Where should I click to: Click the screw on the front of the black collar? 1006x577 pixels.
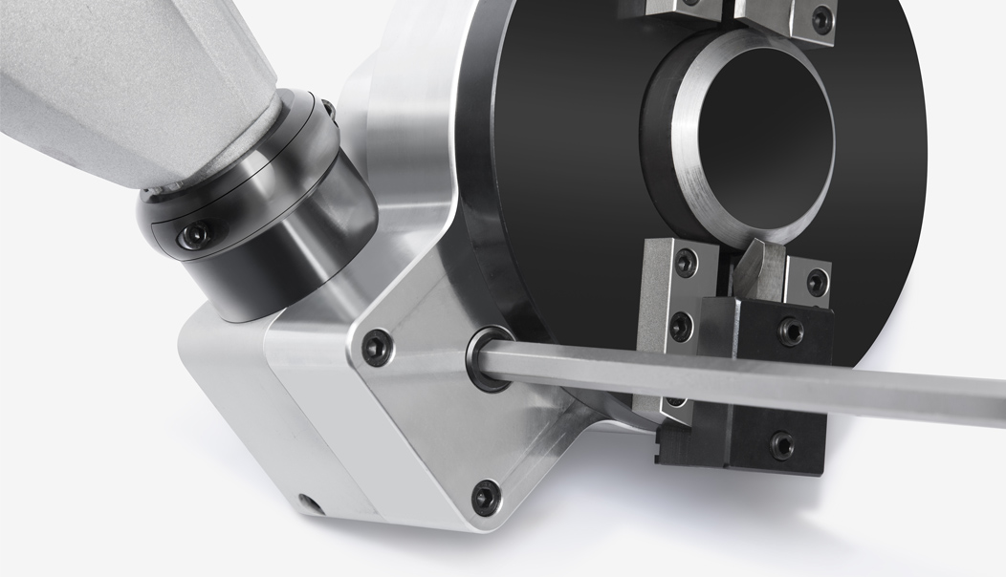pyautogui.click(x=197, y=232)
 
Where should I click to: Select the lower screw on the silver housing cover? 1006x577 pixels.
pyautogui.click(x=486, y=496)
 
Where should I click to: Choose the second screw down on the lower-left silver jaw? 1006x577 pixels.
pyautogui.click(x=680, y=326)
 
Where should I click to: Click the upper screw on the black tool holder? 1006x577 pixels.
pyautogui.click(x=791, y=331)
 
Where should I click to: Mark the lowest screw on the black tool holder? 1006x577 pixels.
pyautogui.click(x=781, y=445)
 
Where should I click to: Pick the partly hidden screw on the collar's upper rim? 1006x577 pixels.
pyautogui.click(x=328, y=114)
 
